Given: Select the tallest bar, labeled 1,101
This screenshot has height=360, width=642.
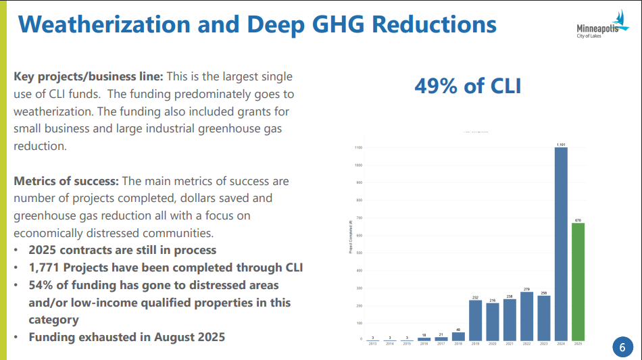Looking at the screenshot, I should point(561,243).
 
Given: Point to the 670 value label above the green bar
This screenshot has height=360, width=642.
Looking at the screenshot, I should point(578,220).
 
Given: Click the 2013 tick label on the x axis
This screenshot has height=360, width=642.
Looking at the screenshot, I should point(372,344).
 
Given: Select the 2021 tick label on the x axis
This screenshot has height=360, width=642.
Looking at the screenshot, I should point(509,344).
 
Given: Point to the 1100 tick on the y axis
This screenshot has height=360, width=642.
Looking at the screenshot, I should point(357,147).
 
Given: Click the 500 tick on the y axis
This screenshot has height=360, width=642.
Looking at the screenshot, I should point(358,253).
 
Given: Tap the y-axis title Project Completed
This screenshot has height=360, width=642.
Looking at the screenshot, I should point(350,236).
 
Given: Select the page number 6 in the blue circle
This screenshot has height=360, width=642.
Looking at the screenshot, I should point(622,347).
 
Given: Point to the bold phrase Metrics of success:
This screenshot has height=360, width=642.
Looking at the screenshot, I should point(66,181).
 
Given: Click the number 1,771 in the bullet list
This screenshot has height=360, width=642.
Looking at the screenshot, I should point(45,267).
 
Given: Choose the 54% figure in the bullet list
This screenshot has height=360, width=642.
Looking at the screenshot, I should point(41,285).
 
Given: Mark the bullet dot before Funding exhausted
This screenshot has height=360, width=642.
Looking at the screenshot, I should point(17,336).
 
